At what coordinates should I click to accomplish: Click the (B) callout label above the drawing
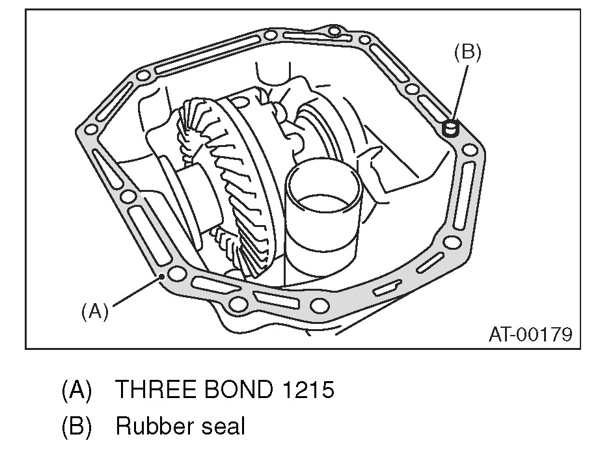[x=467, y=53]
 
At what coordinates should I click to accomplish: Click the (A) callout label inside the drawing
[x=94, y=312]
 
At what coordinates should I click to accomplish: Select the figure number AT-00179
[x=530, y=334]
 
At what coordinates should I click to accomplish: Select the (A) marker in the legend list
[x=76, y=390]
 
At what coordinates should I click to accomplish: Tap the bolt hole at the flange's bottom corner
[x=319, y=305]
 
